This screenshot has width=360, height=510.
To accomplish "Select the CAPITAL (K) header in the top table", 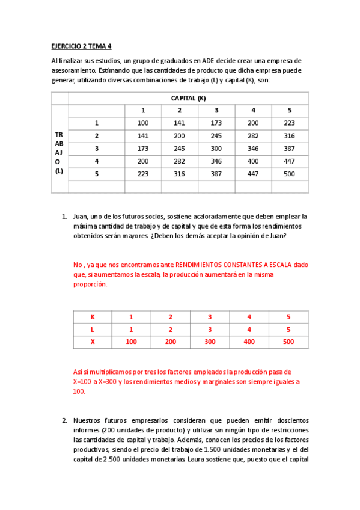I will click(x=189, y=98).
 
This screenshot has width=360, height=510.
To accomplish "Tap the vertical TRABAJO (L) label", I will click(x=59, y=153).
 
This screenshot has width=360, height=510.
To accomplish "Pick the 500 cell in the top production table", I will click(x=290, y=174).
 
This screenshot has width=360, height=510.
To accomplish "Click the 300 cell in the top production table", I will click(x=216, y=149).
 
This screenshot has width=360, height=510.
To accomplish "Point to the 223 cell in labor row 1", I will click(x=290, y=123).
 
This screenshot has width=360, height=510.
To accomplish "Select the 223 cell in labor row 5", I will click(x=142, y=174).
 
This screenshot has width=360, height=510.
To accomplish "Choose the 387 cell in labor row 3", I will click(x=290, y=149).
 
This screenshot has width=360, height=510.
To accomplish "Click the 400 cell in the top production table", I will click(x=253, y=161).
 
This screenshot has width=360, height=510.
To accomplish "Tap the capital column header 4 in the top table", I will click(x=253, y=111).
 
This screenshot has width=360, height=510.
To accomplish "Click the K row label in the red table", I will click(x=93, y=317).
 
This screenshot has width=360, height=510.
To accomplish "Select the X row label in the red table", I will click(x=93, y=342).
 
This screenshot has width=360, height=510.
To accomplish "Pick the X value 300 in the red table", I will click(x=210, y=342).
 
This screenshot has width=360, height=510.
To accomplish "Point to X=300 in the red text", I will click(x=122, y=382).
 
